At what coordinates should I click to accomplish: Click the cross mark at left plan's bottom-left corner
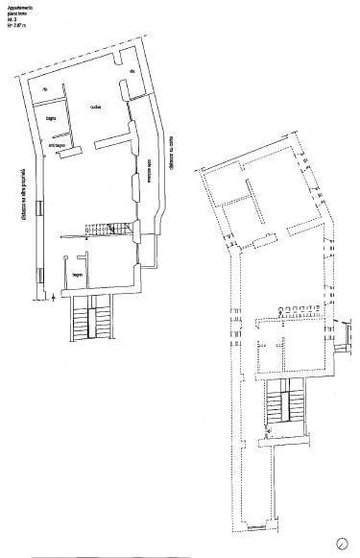[50, 300]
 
